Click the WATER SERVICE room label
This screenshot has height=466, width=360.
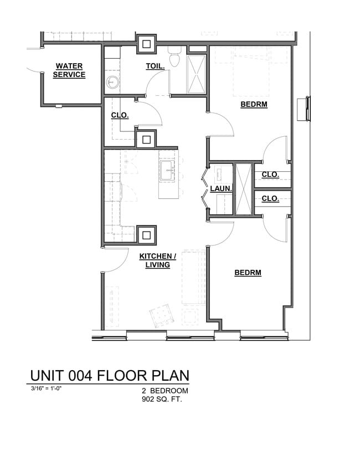pos(69,70)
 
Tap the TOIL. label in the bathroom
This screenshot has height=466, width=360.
pos(155,66)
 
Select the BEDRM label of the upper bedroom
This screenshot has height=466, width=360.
pos(254,104)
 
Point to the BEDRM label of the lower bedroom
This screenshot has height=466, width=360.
pos(248,273)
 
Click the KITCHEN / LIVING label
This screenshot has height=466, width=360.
pos(157,260)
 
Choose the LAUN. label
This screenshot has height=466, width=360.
pos(220,189)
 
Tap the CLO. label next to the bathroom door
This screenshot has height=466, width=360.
pos(120,115)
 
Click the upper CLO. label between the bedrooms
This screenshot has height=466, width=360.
pos(270,175)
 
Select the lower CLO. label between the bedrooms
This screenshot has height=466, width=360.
pos(270,198)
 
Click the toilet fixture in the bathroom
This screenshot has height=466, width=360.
pos(175,58)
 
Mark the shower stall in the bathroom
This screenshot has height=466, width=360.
pos(196,74)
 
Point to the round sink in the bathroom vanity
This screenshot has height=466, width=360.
pos(111,84)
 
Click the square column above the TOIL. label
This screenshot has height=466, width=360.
pos(147,44)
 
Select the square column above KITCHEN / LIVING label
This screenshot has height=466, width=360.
pos(146,234)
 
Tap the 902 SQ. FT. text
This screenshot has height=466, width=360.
pos(161,398)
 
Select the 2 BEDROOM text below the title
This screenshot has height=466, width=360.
pos(165,391)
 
